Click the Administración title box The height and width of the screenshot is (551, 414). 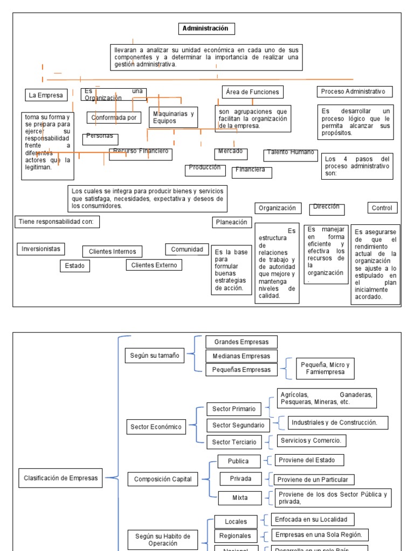coord(206,29)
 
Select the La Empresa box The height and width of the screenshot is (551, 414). coord(46,95)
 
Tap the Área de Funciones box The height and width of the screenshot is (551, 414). coord(252,92)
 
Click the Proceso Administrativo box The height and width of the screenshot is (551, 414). coord(355,91)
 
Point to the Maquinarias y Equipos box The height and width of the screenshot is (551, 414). coord(174,117)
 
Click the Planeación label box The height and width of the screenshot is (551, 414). coord(232,222)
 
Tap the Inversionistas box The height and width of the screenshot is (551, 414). coord(41,249)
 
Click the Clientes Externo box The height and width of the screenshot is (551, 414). coord(154,265)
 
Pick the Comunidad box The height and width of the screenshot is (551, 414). coord(187,249)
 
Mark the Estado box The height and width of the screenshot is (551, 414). coord(75,266)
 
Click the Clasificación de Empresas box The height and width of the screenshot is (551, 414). coord(61,477)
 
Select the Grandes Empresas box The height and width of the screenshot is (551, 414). coord(241,342)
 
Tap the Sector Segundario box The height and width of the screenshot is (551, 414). coord(238,425)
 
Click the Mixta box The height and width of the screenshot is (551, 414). coord(240,498)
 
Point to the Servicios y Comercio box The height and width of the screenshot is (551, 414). coord(311,441)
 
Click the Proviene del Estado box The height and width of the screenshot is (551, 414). coord(309,460)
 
